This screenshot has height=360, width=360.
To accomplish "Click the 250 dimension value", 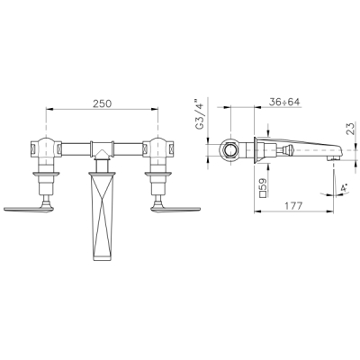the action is click(x=102, y=103).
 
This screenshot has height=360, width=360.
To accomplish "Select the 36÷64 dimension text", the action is click(x=284, y=102).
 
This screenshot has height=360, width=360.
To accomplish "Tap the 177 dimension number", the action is click(x=293, y=206).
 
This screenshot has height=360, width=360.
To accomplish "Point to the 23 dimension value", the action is click(x=352, y=129).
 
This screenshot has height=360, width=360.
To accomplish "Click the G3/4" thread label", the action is click(x=200, y=114).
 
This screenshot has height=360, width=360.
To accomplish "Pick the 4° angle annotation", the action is click(x=344, y=189).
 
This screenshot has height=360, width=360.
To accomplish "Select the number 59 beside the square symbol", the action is click(x=262, y=184).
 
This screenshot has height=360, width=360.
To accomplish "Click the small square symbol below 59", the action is click(x=263, y=194).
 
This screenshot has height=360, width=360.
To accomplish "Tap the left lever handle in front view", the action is click(x=29, y=208).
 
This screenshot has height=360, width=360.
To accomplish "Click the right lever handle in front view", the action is click(x=176, y=208).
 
